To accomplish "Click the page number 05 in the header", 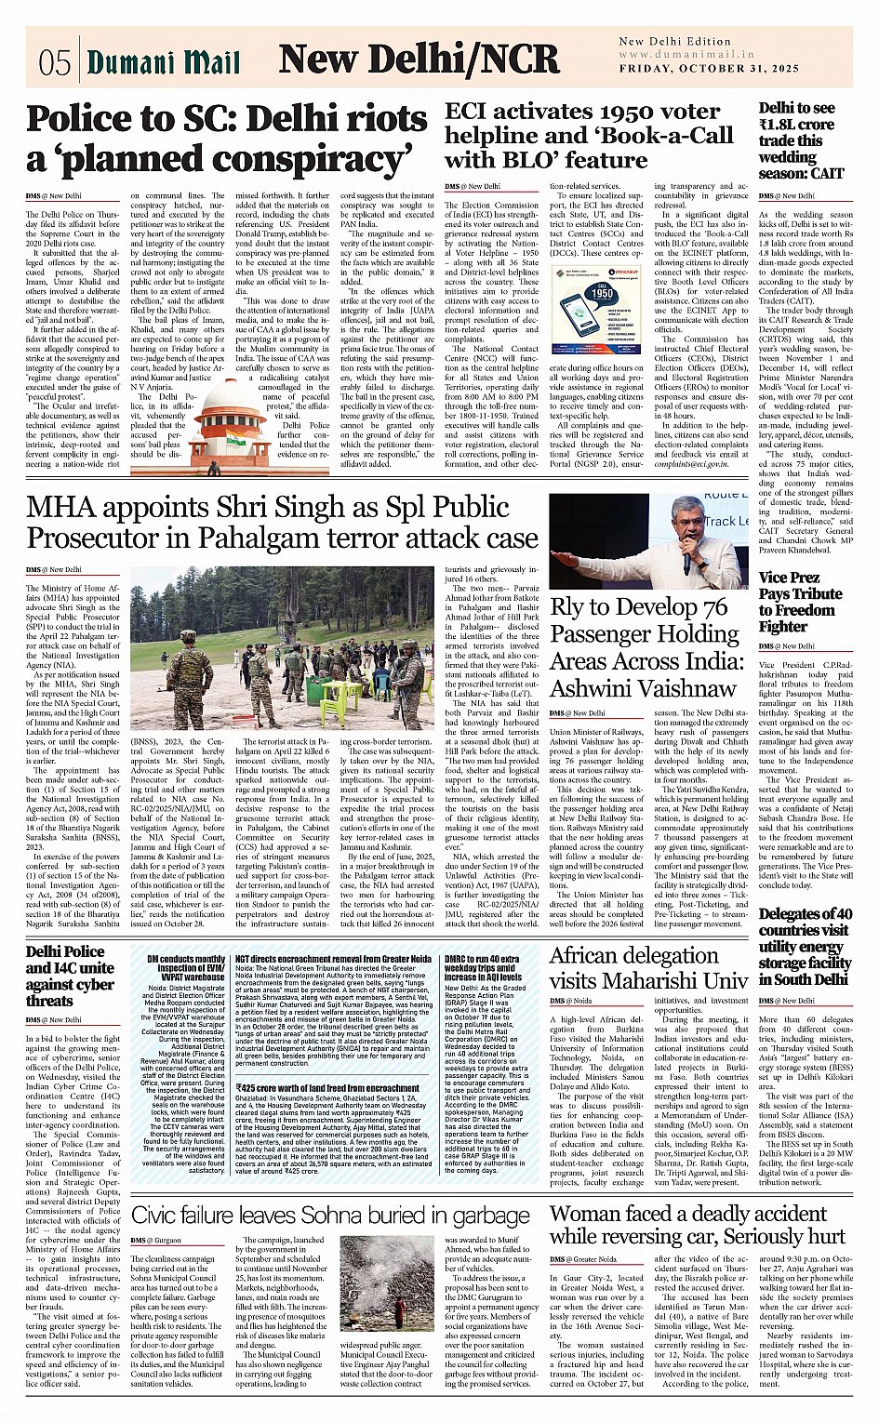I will coord(55,62).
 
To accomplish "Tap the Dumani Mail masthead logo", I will coord(164,62).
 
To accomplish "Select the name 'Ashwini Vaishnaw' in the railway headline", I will coord(643,689).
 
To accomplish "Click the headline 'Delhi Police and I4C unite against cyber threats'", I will coord(70,976).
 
